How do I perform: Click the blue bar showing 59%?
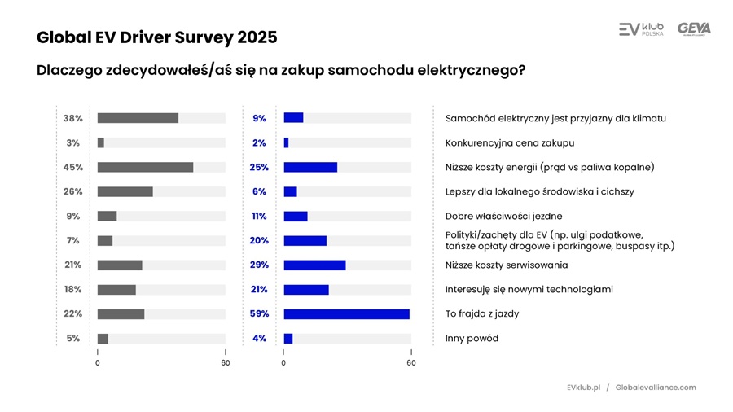(346, 314)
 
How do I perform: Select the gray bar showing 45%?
(145, 167)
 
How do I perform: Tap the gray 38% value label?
(72, 118)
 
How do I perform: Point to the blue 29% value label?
(259, 265)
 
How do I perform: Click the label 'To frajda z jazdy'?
(481, 314)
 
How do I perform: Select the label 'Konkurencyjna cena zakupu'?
(510, 142)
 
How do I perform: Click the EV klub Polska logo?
(641, 29)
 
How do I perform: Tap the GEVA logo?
(694, 29)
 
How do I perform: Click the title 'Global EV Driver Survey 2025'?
(156, 37)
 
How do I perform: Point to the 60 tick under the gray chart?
(226, 363)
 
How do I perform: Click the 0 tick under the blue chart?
(283, 363)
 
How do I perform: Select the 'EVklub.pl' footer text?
(583, 388)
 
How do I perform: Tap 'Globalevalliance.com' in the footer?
(656, 388)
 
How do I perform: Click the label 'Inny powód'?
(472, 339)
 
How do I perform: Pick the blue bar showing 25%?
(310, 167)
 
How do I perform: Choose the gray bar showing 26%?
(125, 191)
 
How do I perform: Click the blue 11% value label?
(259, 217)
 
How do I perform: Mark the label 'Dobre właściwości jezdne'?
(503, 217)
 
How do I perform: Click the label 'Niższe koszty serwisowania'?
(507, 265)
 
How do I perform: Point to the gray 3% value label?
(72, 142)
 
